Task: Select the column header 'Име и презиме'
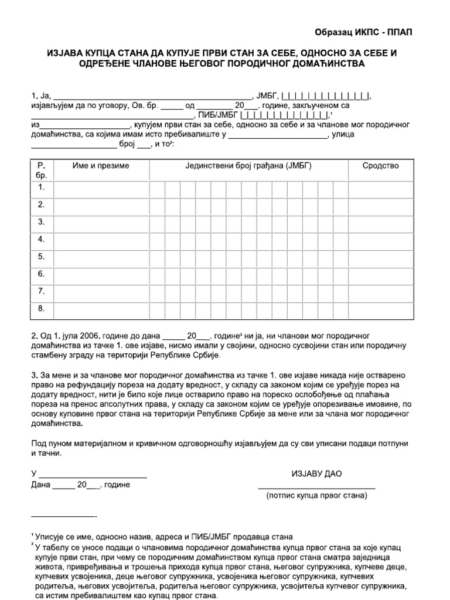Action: tap(101, 166)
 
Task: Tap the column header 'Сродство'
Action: tap(380, 166)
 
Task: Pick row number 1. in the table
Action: tap(42, 187)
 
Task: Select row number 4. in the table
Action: tap(42, 239)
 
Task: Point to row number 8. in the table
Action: tap(42, 308)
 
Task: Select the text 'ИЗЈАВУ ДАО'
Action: tap(316, 473)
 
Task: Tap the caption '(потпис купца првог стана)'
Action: tap(316, 496)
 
